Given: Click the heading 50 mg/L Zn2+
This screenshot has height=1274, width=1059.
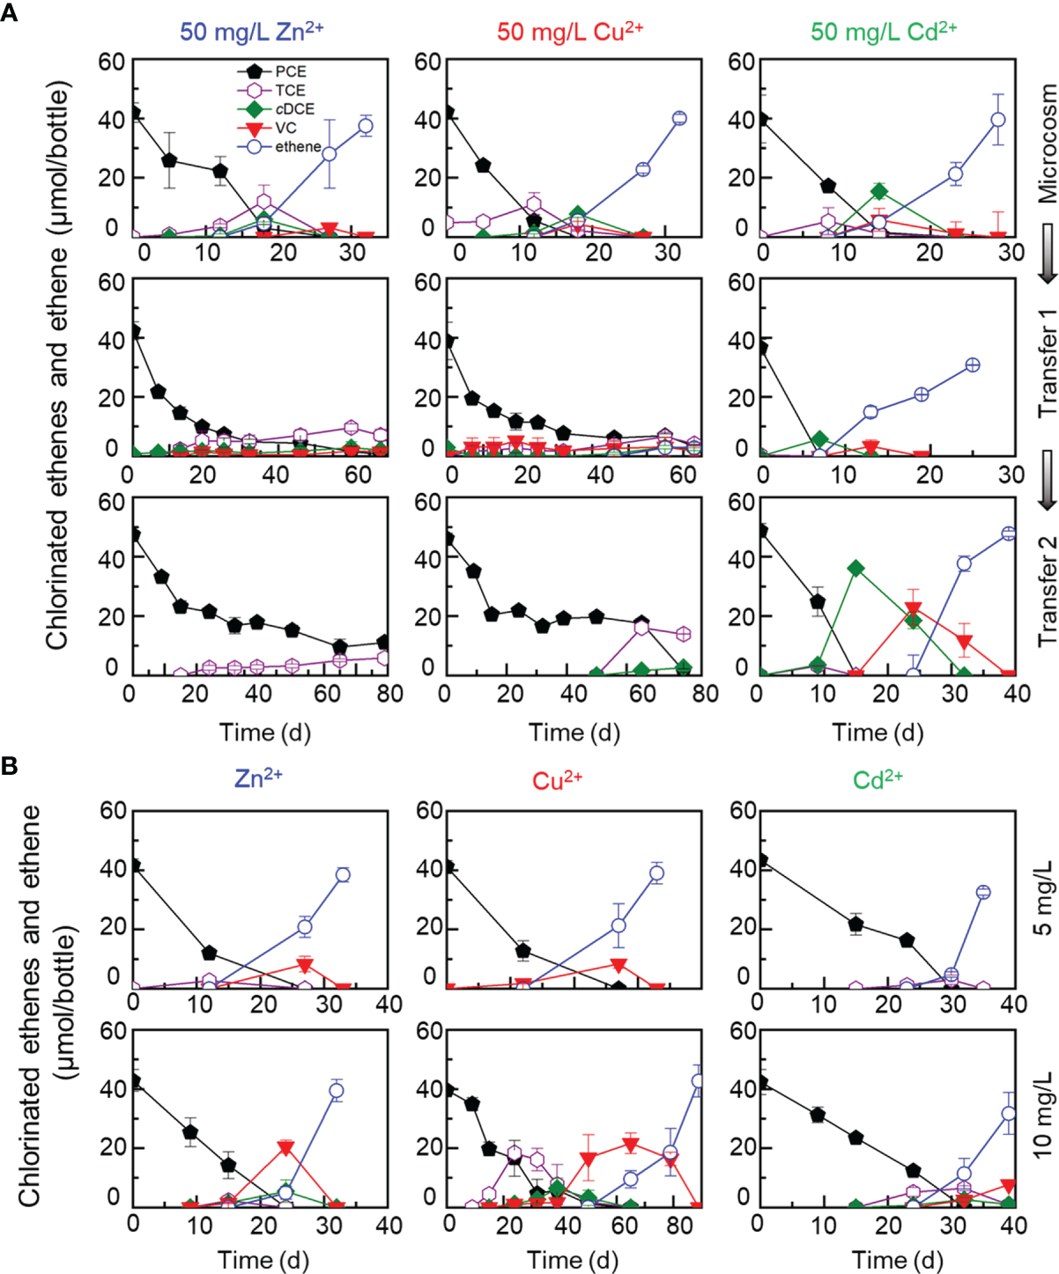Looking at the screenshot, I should tap(251, 32).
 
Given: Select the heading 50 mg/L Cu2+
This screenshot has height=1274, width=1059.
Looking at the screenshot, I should tap(570, 32).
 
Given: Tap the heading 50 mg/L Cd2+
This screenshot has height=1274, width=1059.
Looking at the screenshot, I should tap(883, 32).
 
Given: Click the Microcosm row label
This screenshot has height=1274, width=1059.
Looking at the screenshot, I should tap(1047, 144).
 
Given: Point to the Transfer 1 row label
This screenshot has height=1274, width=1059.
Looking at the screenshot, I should tap(1047, 364).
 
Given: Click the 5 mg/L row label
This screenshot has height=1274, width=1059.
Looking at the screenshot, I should tap(1043, 899).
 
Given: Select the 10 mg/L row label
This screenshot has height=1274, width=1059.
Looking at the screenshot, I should tap(1043, 1114).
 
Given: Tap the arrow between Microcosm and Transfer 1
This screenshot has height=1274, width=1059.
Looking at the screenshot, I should tap(1047, 253).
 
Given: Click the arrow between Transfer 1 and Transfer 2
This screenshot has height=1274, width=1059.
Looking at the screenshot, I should tap(1047, 480).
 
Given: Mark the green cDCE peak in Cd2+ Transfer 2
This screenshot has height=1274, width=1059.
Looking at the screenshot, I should tap(855, 568).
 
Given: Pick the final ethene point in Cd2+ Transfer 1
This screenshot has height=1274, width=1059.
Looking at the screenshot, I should tap(973, 365).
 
